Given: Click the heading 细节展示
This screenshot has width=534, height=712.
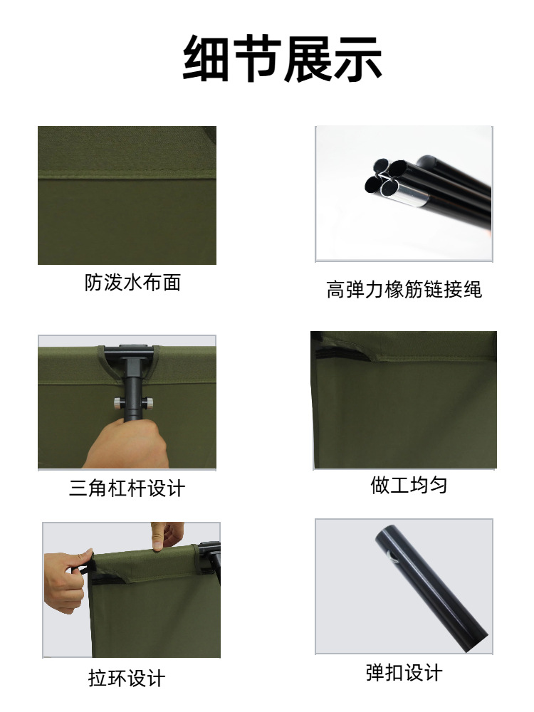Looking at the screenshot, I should pos(283,58).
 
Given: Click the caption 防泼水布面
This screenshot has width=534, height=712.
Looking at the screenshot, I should pos(132,283).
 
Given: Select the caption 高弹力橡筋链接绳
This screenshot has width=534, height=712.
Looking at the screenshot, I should pos(404,289).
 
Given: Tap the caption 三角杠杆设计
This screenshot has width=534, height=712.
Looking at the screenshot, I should pos(127,488).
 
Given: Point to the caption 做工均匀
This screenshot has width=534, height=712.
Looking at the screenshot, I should pos(409,486).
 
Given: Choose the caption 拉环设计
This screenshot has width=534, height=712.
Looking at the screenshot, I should pos(127,678).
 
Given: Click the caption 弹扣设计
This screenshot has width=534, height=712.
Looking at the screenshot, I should pos(404,672).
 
